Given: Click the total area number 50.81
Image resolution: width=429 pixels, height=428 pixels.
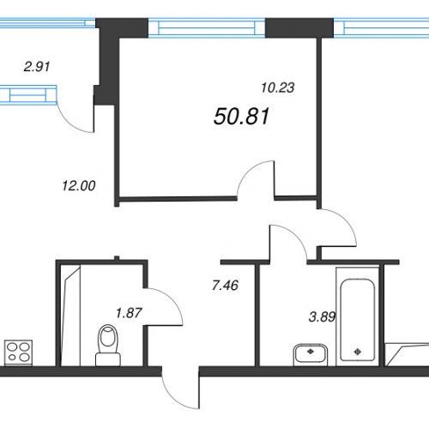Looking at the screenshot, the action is (241, 117).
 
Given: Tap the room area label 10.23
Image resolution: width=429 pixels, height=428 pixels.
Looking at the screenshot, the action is (278, 87).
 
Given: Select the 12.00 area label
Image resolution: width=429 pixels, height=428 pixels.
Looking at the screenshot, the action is (79, 186).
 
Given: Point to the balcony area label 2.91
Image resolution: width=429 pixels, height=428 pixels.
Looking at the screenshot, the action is (37, 67).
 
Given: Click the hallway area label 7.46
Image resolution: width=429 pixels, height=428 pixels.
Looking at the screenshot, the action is (226, 286).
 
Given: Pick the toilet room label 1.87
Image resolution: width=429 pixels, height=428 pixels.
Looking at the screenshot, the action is (129, 313).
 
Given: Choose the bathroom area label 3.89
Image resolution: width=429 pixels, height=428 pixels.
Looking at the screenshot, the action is (322, 316).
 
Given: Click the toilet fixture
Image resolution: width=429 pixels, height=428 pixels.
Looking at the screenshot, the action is (108, 345).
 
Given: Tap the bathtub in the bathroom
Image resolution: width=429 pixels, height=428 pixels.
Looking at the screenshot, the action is (358, 316).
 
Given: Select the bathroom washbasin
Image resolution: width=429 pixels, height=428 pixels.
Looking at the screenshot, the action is (311, 355).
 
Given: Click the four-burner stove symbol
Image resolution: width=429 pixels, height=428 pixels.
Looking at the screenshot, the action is (18, 353).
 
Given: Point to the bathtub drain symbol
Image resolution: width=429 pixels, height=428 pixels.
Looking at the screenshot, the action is (358, 352).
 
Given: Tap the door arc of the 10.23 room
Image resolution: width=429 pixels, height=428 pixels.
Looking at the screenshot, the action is (250, 171).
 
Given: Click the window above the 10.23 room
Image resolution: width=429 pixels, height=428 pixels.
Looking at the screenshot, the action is (207, 27).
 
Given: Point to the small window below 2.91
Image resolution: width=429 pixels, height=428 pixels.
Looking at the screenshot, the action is (28, 95).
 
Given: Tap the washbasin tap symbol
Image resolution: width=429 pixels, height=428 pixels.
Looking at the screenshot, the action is (311, 352).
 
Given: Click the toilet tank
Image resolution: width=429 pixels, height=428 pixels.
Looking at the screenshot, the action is (108, 359).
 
